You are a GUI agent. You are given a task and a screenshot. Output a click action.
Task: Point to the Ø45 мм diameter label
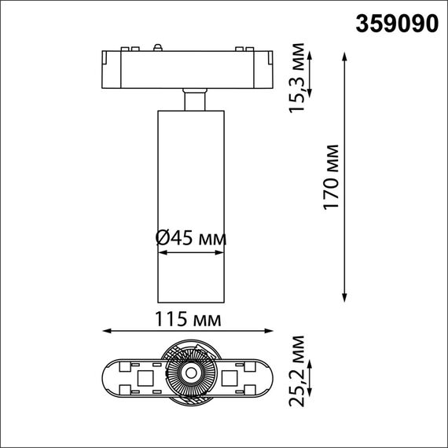191,237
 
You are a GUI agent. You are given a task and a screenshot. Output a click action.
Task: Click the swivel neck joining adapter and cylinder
192,101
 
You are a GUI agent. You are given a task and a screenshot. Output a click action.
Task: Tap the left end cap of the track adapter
110,68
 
